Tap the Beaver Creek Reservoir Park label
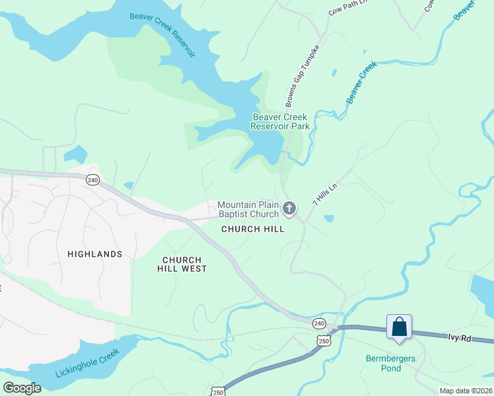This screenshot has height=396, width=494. coord(281,121)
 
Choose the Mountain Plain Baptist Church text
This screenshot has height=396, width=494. coord(248,209)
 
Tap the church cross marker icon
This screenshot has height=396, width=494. coord(289,209)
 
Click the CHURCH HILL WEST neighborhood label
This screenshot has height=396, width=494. coord(182,264)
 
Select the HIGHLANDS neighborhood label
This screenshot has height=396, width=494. coord(95,253)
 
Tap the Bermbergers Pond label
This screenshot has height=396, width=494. coord(393,364)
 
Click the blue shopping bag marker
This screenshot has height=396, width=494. coord(399,327)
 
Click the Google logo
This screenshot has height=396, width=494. coord(22,387)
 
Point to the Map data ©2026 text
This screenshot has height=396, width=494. coord(466,391)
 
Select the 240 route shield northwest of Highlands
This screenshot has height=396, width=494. coord(92,180)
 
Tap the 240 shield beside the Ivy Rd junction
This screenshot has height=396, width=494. coord(319,323)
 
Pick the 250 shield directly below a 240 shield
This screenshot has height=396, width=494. coord(323,339)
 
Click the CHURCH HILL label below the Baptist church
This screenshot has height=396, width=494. coord(253,229)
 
